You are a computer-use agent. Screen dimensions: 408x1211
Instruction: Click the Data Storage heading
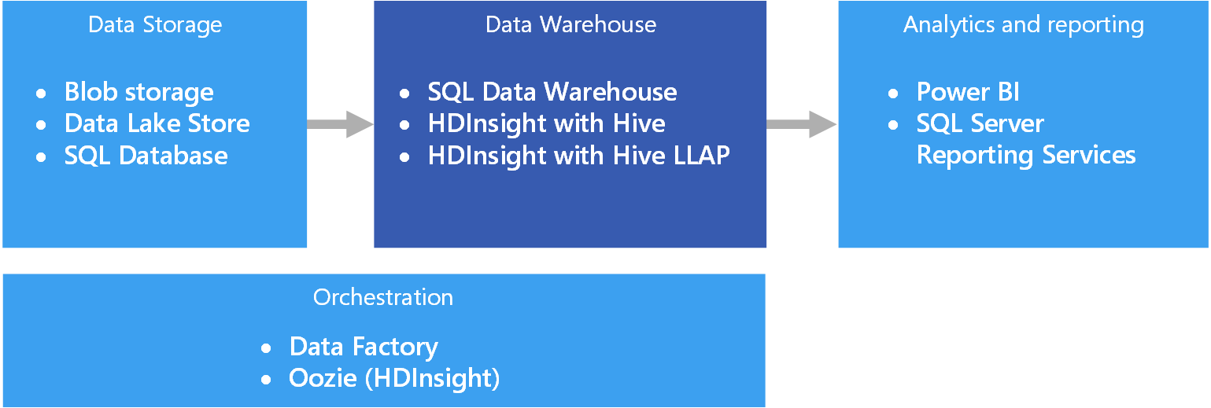point(155,25)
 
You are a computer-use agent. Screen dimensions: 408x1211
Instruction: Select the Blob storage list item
point(138,93)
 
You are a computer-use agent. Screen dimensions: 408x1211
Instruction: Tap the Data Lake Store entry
point(157,123)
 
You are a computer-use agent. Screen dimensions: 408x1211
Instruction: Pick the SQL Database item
point(146,156)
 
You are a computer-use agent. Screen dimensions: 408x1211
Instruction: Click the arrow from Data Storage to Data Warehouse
point(339,124)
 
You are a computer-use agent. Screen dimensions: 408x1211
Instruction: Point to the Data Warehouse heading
point(570,25)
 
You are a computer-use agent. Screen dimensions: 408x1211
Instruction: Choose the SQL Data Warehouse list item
point(552,93)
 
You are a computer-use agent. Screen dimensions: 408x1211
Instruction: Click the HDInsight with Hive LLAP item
point(578,156)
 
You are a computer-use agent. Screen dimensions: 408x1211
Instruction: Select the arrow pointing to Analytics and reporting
point(801,124)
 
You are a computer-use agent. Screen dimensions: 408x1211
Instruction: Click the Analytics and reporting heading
point(1023,25)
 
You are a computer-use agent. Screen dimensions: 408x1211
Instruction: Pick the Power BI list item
point(968,93)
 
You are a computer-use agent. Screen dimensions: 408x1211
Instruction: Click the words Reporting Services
point(1026,156)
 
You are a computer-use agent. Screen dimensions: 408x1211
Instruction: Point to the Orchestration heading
point(383,298)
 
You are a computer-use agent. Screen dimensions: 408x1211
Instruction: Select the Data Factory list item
point(364,347)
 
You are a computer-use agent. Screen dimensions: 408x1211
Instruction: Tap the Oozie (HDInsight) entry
point(394,378)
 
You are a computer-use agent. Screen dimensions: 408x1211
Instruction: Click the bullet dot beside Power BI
point(893,94)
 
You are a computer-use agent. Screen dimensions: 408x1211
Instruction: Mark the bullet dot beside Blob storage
point(42,94)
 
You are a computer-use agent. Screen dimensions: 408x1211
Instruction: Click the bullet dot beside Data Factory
point(267,347)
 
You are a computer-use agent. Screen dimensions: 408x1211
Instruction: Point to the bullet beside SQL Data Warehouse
point(404,94)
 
